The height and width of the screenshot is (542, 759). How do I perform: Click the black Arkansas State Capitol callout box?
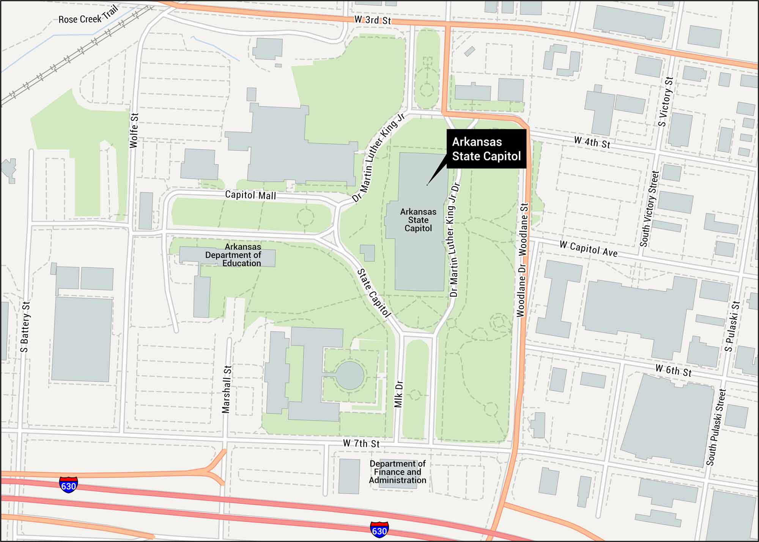click(486, 149)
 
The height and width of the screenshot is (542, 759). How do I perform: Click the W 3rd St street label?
click(372, 20)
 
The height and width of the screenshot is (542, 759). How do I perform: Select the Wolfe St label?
click(134, 130)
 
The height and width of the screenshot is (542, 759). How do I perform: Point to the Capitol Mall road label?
click(250, 195)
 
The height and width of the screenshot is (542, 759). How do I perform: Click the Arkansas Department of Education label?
click(233, 255)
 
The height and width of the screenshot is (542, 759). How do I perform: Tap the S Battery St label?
click(25, 327)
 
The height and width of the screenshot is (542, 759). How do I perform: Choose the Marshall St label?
click(227, 389)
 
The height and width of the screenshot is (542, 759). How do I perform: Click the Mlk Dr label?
click(398, 394)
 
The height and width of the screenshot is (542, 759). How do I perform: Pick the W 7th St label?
click(361, 443)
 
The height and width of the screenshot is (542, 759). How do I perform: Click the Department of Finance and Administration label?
click(397, 472)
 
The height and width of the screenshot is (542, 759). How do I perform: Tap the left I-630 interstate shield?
click(68, 485)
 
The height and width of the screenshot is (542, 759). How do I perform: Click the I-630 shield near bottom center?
click(379, 529)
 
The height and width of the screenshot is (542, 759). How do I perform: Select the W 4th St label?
click(592, 143)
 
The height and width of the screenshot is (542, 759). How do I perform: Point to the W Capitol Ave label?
click(588, 249)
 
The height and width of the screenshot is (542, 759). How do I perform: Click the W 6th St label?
click(673, 370)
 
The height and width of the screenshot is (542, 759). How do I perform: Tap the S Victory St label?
click(666, 102)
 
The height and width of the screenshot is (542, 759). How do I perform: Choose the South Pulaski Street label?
click(716, 427)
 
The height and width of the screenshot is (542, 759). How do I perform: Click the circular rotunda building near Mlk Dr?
click(350, 375)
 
